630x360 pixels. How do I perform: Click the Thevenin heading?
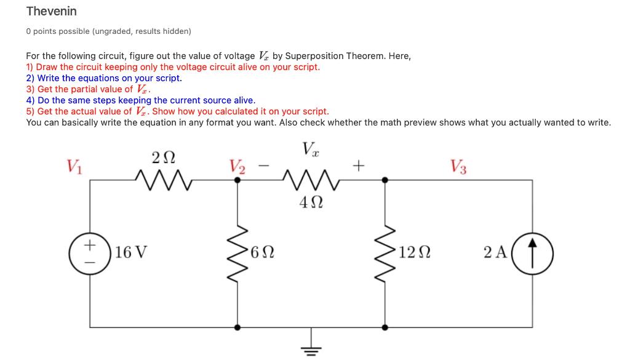click(52, 11)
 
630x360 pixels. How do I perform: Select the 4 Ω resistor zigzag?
click(311, 180)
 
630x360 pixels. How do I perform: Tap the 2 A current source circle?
click(533, 252)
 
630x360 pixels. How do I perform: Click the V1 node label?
click(73, 166)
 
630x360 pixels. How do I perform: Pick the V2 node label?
click(237, 166)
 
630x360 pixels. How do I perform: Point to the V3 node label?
click(458, 166)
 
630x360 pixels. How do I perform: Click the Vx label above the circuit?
click(311, 148)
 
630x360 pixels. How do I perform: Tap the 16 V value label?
click(130, 252)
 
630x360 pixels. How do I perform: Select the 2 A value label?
click(494, 252)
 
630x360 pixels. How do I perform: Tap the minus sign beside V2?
click(263, 166)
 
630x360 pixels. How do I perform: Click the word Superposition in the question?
click(314, 55)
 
